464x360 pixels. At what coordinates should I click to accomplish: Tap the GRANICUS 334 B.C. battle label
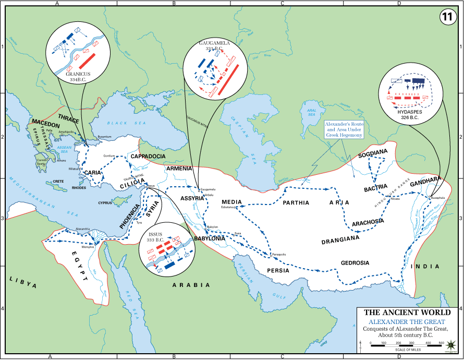pyautogui.click(x=78, y=77)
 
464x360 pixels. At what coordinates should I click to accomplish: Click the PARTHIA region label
pyautogui.click(x=297, y=203)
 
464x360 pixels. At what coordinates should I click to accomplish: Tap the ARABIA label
pyautogui.click(x=191, y=285)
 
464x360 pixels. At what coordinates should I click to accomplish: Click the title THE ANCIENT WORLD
pyautogui.click(x=411, y=313)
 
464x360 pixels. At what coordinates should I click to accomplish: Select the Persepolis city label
pyautogui.click(x=279, y=255)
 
